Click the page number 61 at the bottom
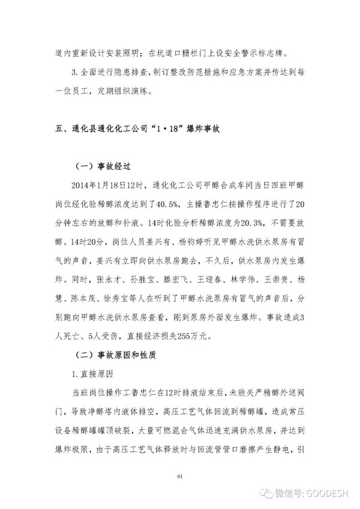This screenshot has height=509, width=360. click(179, 476)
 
